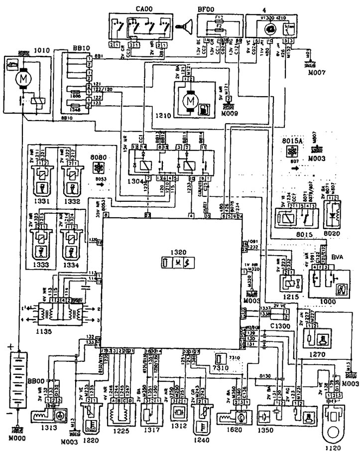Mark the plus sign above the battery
[x=9, y=344]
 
